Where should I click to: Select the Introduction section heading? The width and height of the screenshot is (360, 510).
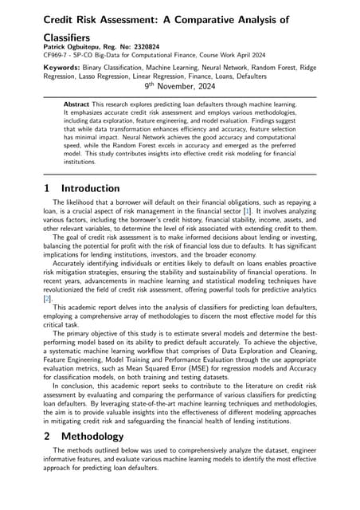point(91,189)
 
